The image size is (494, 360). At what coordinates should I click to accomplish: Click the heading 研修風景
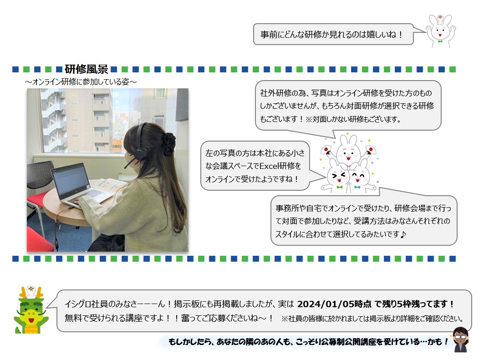coord(87,69)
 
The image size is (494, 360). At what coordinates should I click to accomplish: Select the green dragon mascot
coord(31,310)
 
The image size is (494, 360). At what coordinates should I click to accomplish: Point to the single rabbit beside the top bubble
coord(440,30)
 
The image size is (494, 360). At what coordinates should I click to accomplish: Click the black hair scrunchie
coord(169,144)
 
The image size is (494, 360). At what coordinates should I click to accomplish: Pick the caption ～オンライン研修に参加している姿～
coord(81,82)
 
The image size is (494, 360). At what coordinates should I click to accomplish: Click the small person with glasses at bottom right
coord(461,340)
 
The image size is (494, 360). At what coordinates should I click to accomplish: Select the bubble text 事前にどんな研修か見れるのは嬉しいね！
coord(332,34)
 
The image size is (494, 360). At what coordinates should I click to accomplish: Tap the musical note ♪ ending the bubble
coord(402,234)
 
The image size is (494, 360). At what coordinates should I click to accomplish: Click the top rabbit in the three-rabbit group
coord(348,151)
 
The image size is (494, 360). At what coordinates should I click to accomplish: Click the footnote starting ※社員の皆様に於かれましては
coord(372,319)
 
